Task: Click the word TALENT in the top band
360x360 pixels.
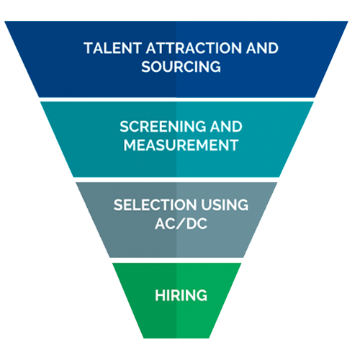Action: (x=112, y=48)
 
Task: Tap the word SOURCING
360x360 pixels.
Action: (x=181, y=66)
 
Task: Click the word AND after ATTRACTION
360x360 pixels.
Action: (x=262, y=48)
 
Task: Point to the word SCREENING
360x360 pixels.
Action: (x=163, y=127)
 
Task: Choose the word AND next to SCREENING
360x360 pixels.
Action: (x=226, y=127)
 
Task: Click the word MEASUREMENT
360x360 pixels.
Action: (x=181, y=145)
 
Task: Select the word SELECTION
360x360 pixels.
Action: (x=155, y=205)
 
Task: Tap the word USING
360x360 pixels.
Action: (x=225, y=205)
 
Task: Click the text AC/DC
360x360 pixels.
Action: (x=181, y=224)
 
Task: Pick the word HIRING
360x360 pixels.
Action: (x=181, y=295)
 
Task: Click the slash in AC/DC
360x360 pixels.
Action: (x=181, y=224)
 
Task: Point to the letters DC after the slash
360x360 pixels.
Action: (x=197, y=224)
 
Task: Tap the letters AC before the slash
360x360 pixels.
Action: (x=165, y=224)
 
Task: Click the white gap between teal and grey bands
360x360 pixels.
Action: (x=177, y=180)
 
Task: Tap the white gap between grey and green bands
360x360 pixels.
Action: (x=177, y=261)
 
